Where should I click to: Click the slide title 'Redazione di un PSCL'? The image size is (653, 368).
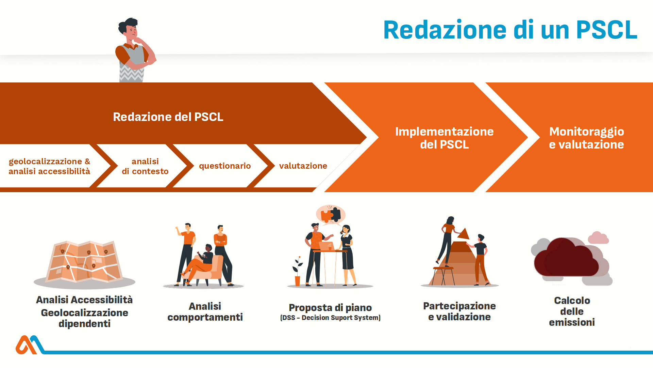point(510,30)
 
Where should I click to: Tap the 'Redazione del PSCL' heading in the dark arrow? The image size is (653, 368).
point(168,117)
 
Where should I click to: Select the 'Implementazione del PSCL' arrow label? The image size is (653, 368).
point(444,138)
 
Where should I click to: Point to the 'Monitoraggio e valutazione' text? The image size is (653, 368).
point(586,138)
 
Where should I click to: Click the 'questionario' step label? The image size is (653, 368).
point(225,166)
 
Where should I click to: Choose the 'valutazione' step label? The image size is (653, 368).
point(303,166)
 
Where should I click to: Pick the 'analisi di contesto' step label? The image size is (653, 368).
point(145,166)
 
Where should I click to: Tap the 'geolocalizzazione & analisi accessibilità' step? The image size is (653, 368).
point(49,166)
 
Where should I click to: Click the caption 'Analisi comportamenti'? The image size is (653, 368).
point(205,311)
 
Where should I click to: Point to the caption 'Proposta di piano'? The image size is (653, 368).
point(330,308)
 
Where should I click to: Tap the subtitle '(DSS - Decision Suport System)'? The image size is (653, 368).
point(330,318)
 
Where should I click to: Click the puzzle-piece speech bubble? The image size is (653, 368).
point(331,215)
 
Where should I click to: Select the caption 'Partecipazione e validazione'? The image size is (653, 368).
point(459,311)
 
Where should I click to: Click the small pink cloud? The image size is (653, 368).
point(598,237)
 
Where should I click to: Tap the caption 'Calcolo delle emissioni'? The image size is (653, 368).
point(572,311)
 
